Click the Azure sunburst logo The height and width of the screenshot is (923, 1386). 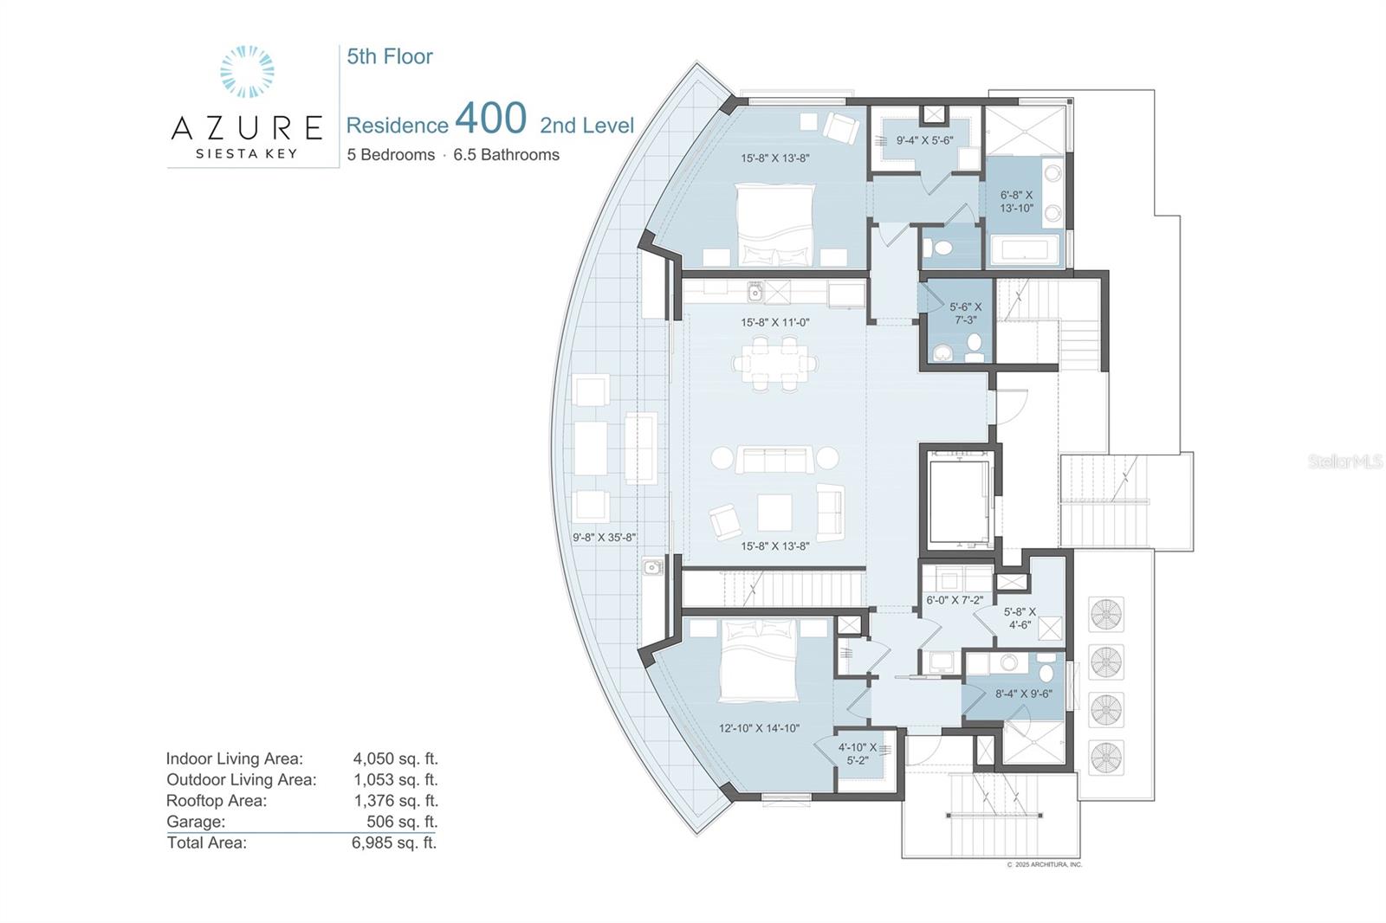coord(248,72)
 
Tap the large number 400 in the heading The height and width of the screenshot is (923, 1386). coord(491,118)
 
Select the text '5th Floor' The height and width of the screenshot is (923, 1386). coord(390,56)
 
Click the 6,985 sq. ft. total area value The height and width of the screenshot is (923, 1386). coord(394,842)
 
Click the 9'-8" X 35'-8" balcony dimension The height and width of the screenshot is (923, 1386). coord(604,538)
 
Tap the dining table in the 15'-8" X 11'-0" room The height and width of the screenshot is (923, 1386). coord(774,364)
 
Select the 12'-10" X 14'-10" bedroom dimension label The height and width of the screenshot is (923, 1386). coord(759,728)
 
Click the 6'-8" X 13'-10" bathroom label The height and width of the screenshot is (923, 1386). coord(1017,202)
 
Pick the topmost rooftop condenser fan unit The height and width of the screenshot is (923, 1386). coord(1105,614)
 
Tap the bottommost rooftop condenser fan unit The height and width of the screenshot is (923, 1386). coord(1105,758)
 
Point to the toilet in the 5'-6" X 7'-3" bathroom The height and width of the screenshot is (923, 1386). coord(975,346)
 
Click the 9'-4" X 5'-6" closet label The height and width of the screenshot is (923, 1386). coord(924,140)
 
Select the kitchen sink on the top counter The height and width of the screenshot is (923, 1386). coord(755,292)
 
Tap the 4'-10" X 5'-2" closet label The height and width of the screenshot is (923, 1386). coord(857,753)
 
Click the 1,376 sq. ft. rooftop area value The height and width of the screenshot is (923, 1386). coord(396,801)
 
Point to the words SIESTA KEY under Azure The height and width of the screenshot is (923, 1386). coord(247,153)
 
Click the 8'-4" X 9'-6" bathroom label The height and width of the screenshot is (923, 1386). coord(1023,694)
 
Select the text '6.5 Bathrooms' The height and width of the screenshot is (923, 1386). coord(506,155)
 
